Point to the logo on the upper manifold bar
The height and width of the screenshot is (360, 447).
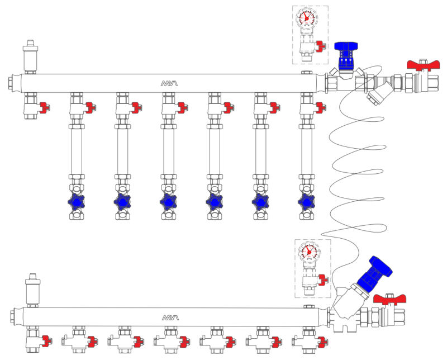click(169, 83)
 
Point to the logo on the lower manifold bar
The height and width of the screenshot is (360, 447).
click(170, 318)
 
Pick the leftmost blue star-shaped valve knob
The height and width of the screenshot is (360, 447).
click(77, 201)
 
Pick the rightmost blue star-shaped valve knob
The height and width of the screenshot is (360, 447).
click(306, 201)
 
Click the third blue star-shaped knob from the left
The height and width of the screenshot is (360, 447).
click(169, 201)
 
